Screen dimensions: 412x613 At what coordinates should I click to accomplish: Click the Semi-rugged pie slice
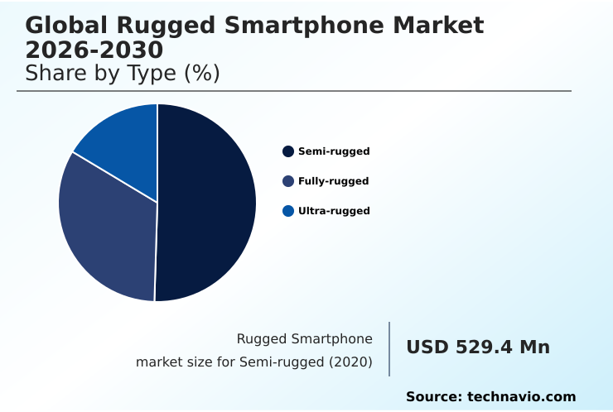pos(207,203)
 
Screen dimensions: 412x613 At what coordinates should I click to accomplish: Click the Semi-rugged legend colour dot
pos(288,151)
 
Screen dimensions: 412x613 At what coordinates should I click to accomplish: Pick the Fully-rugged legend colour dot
pos(288,181)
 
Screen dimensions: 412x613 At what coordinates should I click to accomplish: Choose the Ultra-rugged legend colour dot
pos(288,211)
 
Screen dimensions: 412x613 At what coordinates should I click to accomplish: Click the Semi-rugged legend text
pos(334,151)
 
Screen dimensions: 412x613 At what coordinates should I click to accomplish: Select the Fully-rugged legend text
pos(333,181)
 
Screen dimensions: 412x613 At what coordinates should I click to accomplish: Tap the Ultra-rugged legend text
pos(334,211)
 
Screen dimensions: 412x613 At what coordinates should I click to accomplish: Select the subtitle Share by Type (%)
pos(123,74)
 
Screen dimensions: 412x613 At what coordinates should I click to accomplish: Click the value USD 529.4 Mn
pos(478,347)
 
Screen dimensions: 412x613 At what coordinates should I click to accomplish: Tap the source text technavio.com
pos(521,397)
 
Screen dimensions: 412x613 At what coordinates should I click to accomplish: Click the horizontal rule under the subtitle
pos(294,91)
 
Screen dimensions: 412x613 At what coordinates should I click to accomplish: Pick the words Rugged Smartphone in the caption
pos(304,338)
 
